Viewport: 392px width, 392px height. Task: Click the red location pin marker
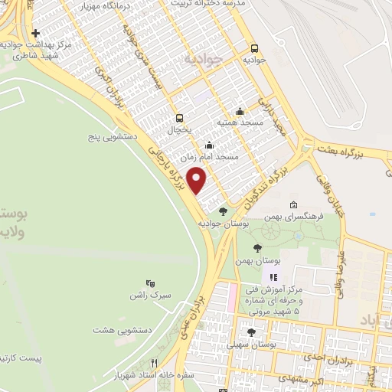[x=198, y=181]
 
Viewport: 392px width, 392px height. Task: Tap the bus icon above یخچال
[x=179, y=118]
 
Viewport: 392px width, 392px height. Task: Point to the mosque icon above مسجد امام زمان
[x=209, y=144]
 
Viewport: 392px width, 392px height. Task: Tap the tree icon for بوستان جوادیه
[x=223, y=211]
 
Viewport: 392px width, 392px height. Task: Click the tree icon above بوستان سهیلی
[x=252, y=332]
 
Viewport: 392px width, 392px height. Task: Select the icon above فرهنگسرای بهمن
[x=294, y=205]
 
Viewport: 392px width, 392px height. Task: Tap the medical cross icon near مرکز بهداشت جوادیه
[x=36, y=34]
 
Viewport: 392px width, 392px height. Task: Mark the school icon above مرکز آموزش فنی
[x=273, y=276]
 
